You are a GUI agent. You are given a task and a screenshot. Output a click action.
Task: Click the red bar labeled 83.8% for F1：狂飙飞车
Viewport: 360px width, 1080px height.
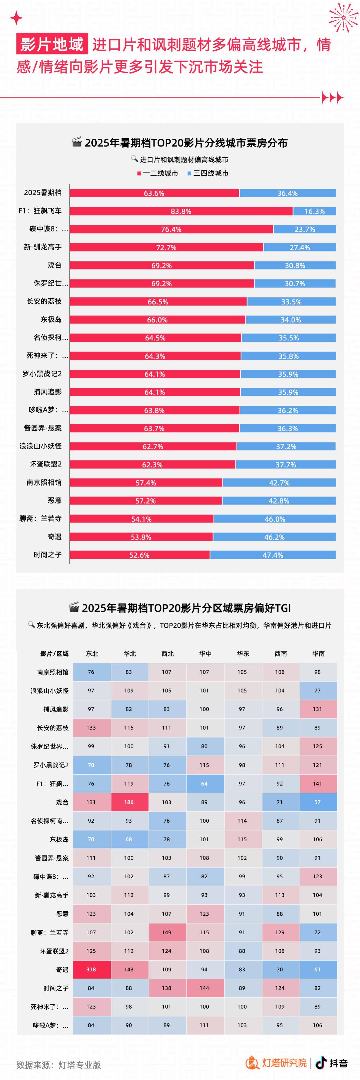tap(181, 211)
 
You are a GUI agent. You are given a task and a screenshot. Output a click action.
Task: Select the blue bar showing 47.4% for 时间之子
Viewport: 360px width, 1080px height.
tap(273, 555)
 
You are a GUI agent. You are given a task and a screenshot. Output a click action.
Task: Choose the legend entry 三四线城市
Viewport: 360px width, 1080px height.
tap(208, 173)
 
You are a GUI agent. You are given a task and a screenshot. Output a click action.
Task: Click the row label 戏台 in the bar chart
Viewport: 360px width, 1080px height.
tap(55, 265)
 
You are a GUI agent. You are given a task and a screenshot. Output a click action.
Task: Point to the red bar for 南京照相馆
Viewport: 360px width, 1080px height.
tap(146, 483)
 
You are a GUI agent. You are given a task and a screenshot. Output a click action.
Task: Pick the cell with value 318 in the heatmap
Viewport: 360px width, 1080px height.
tap(91, 969)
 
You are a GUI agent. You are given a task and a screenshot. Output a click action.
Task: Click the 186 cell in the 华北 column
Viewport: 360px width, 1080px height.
tap(129, 802)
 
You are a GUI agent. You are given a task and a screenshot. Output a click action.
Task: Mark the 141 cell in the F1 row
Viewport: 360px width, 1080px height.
tap(318, 784)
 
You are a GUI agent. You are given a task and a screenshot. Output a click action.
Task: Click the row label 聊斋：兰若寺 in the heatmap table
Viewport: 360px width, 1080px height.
tap(50, 932)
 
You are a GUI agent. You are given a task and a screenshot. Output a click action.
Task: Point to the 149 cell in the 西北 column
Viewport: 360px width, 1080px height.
tap(167, 932)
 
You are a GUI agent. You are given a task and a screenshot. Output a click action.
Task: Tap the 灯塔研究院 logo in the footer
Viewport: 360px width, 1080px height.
tap(277, 1063)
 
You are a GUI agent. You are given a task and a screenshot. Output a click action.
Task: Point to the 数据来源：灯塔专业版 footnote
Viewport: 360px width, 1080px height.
tap(59, 1065)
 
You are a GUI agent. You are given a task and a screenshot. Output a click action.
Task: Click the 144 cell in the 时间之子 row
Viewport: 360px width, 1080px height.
tap(205, 988)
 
